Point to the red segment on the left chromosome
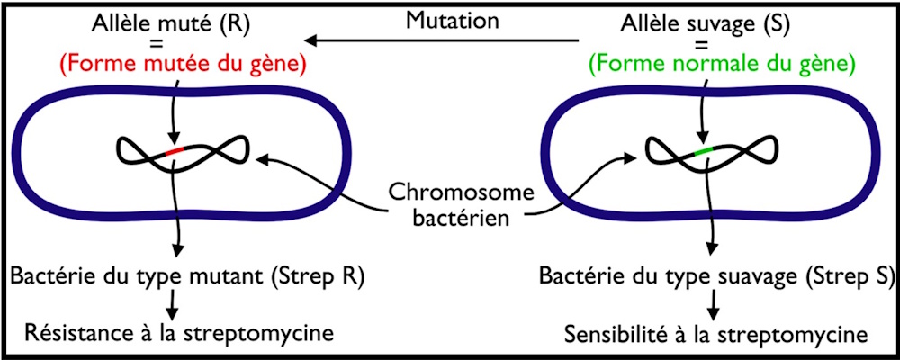pos(175,151)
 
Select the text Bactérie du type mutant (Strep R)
pos(184,276)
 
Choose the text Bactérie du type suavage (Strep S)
pos(715,276)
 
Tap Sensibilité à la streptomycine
pos(716,333)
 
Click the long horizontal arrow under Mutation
pos(440,40)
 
